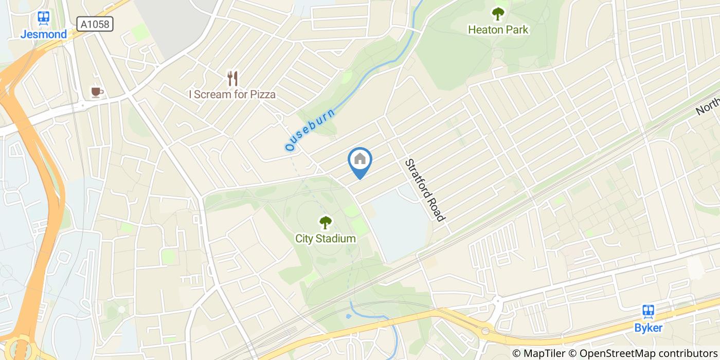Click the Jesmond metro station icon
[x=43, y=19]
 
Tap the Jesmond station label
[x=43, y=34]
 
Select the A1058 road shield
[x=95, y=24]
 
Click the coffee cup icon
[x=96, y=92]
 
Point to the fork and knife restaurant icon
[x=232, y=79]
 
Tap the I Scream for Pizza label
[x=232, y=95]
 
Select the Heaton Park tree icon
[x=497, y=13]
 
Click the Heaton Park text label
[x=497, y=30]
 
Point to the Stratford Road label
[x=424, y=190]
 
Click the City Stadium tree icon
[x=325, y=222]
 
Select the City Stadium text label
[x=325, y=239]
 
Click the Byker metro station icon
[x=648, y=311]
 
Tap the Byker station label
[x=648, y=328]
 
